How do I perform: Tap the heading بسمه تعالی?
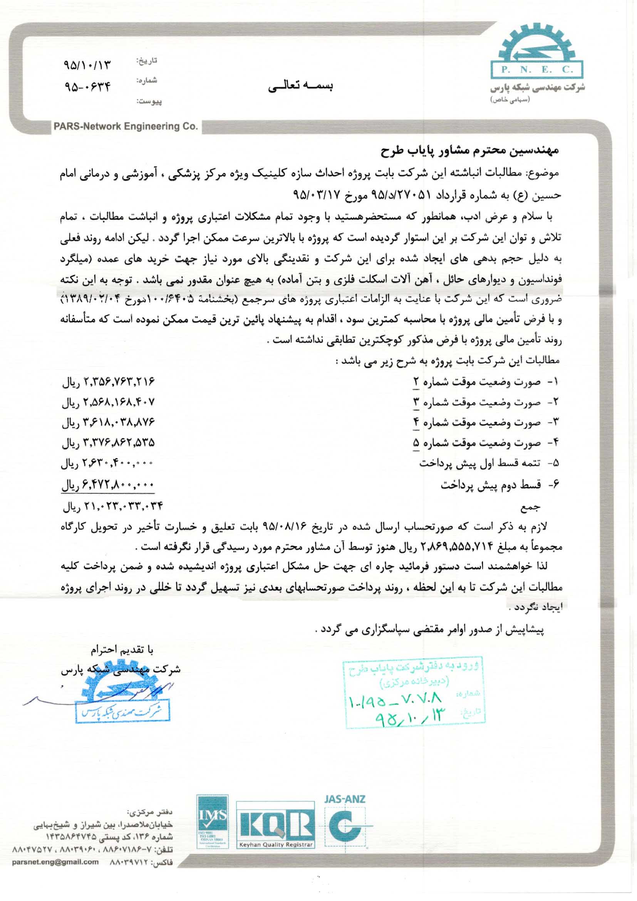(x=301, y=87)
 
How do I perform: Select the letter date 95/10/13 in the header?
(x=87, y=65)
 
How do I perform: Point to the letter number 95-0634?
(x=87, y=86)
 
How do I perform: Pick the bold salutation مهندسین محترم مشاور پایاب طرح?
(x=469, y=151)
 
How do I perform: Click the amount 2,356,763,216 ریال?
(x=109, y=382)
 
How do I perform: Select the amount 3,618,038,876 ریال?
(x=109, y=422)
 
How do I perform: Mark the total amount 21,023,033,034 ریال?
(x=112, y=506)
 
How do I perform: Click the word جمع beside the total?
(x=531, y=507)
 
